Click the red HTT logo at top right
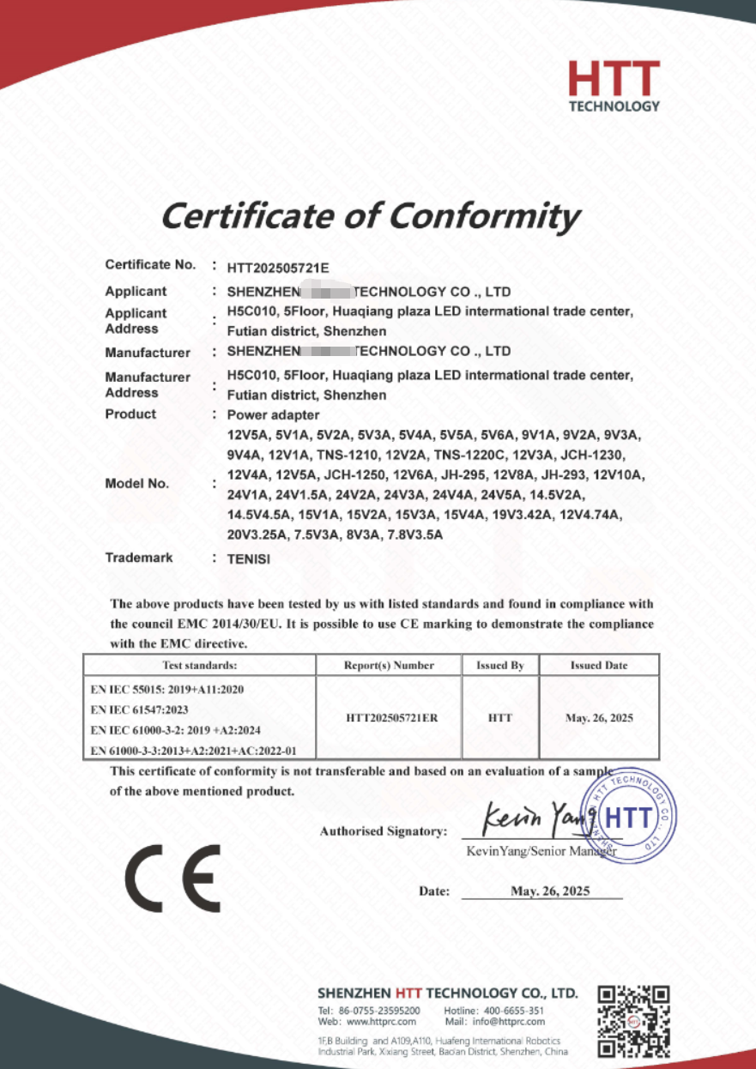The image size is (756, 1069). pos(614,86)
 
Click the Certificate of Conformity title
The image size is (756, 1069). pos(370,216)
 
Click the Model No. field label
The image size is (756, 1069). pos(136,484)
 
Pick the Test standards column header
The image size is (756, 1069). pos(199,666)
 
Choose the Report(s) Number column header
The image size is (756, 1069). pos(390,666)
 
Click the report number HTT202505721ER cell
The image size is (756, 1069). pos(391,718)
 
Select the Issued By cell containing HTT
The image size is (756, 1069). pos(500,718)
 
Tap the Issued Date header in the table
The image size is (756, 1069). pos(599,666)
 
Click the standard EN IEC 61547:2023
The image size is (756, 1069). pos(139,710)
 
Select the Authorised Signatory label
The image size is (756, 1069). pos(384,831)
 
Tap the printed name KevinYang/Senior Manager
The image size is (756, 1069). pos(541,851)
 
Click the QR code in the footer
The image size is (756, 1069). pos(633,1021)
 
